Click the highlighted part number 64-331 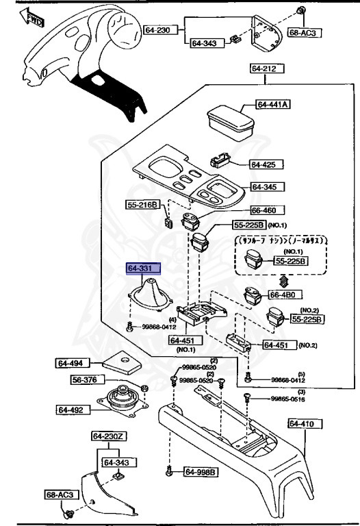pyautogui.click(x=142, y=269)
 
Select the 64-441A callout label pyautogui.click(x=273, y=105)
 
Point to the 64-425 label pyautogui.click(x=261, y=165)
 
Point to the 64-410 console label pyautogui.click(x=300, y=425)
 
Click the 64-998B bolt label pyautogui.click(x=200, y=472)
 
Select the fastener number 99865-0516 pyautogui.click(x=287, y=399)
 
